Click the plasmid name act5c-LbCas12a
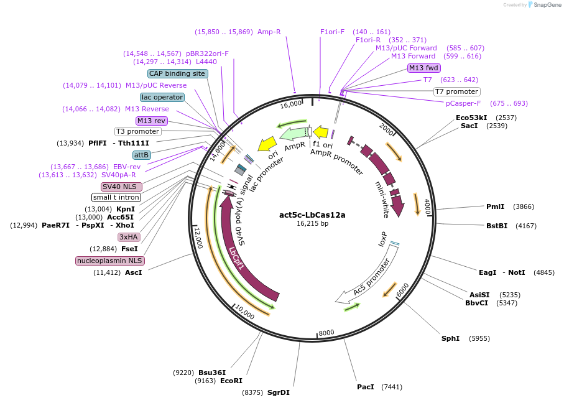pyautogui.click(x=312, y=215)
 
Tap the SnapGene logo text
pyautogui.click(x=545, y=5)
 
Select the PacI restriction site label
pyautogui.click(x=365, y=387)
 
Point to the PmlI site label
pyautogui.click(x=496, y=206)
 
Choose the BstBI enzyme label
pyautogui.click(x=496, y=226)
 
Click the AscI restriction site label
pyautogui.click(x=134, y=272)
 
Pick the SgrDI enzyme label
pyautogui.click(x=278, y=392)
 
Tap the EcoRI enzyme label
pyautogui.click(x=230, y=381)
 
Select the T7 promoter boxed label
pyautogui.click(x=456, y=91)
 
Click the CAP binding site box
pyautogui.click(x=177, y=73)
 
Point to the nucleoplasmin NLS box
pyautogui.click(x=109, y=261)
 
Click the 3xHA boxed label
pyautogui.click(x=128, y=237)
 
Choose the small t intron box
pyautogui.click(x=116, y=197)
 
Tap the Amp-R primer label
pyautogui.click(x=269, y=32)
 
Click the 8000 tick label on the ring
pyautogui.click(x=326, y=332)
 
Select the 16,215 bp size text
pyautogui.click(x=312, y=223)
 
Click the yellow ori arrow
pyautogui.click(x=267, y=144)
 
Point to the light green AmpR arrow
pyautogui.click(x=295, y=132)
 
